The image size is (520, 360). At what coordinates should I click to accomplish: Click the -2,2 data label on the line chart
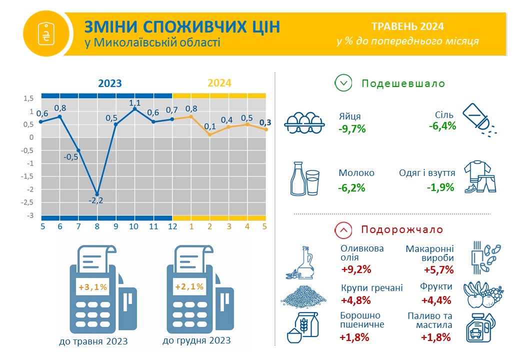96,200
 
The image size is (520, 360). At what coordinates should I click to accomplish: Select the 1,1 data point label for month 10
134,103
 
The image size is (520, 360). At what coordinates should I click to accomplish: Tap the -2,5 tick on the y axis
27,202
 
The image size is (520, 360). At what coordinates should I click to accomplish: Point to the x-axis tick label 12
173,226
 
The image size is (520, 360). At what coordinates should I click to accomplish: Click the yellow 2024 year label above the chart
219,82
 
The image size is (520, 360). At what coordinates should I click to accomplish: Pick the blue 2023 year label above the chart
110,83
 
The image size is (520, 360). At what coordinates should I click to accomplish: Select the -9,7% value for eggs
352,128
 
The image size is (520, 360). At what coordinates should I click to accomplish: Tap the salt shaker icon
479,120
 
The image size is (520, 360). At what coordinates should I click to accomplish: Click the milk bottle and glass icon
305,179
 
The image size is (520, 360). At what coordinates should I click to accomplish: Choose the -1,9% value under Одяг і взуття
440,187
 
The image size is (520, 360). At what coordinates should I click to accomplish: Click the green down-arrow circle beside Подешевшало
343,83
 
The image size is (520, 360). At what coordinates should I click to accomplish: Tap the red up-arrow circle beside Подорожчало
343,229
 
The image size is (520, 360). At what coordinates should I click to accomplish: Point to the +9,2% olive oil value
356,269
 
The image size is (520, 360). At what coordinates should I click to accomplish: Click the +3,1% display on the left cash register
93,286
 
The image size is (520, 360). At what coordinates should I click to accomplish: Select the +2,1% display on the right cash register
189,286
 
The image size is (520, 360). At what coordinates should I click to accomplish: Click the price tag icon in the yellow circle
46,33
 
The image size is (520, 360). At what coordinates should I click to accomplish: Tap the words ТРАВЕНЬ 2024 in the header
407,26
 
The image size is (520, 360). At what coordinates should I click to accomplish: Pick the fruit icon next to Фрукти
483,294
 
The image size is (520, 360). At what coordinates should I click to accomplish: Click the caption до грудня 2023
196,340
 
